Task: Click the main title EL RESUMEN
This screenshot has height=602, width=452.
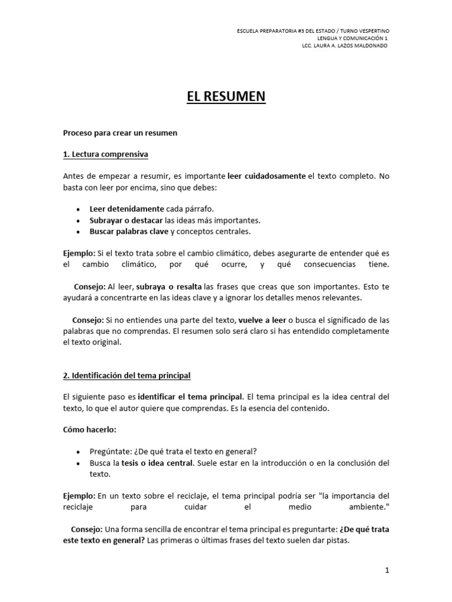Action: pyautogui.click(x=226, y=96)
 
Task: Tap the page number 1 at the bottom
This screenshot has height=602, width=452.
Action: pyautogui.click(x=387, y=570)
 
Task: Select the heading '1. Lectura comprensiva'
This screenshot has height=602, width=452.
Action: pyautogui.click(x=105, y=155)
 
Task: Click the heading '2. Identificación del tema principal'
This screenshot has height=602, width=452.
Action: pyautogui.click(x=127, y=375)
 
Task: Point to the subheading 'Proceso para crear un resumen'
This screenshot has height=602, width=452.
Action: pyautogui.click(x=120, y=133)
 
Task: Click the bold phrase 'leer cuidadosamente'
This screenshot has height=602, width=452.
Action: pyautogui.click(x=267, y=176)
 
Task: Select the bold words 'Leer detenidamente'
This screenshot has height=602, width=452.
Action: pyautogui.click(x=118, y=209)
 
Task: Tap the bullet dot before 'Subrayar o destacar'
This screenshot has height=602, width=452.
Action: pyautogui.click(x=78, y=220)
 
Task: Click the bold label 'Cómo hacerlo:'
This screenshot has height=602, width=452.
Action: pyautogui.click(x=87, y=429)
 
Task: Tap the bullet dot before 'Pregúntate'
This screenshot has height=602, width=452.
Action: pyautogui.click(x=78, y=451)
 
